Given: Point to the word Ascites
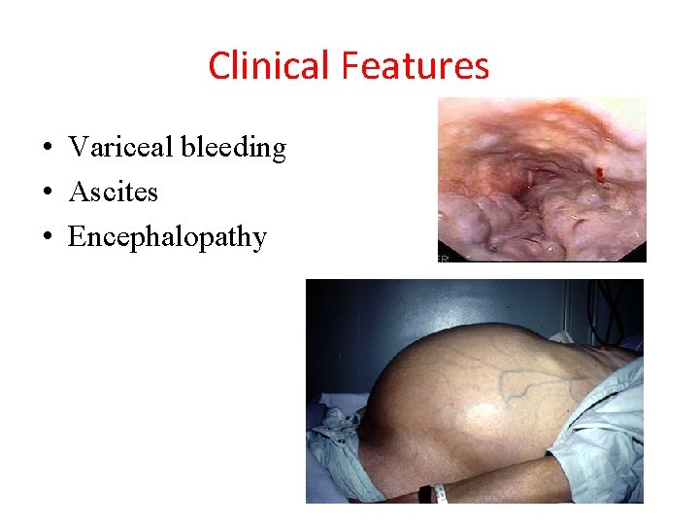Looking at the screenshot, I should coord(113,192).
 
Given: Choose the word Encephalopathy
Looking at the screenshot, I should coord(167,238).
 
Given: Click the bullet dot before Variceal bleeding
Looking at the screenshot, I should coord(48,149).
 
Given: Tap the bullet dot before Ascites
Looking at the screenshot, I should coord(48,193).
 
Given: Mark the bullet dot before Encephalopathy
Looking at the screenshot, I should coord(48,238).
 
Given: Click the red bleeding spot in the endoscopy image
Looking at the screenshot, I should coord(600,174).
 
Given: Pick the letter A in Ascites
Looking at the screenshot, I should coord(78,192).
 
